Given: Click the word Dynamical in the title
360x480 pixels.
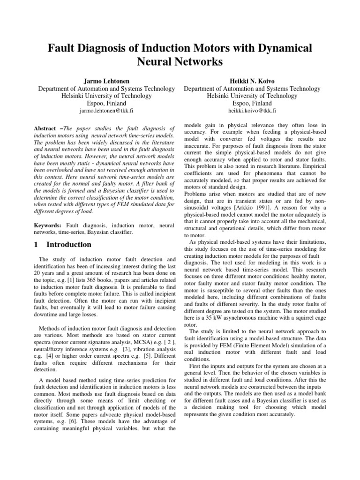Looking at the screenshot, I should (x=275, y=48).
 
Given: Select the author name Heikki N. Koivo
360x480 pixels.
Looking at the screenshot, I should (x=252, y=81).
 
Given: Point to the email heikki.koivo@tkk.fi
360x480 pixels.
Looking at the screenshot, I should (x=252, y=111).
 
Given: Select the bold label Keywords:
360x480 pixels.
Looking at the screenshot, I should (x=49, y=225).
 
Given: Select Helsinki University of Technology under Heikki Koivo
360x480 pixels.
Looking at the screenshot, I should (x=252, y=96).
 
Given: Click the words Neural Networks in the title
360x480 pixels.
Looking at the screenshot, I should (x=180, y=62).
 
